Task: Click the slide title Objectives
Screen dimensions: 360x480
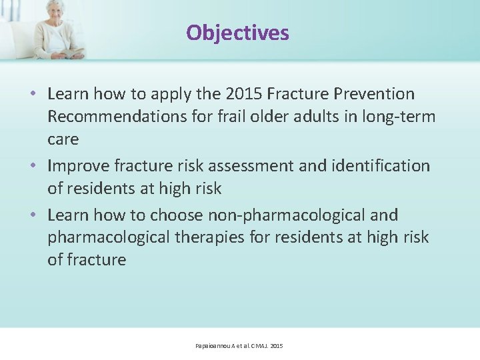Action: (x=237, y=33)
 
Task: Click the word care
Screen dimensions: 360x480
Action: (x=63, y=140)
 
